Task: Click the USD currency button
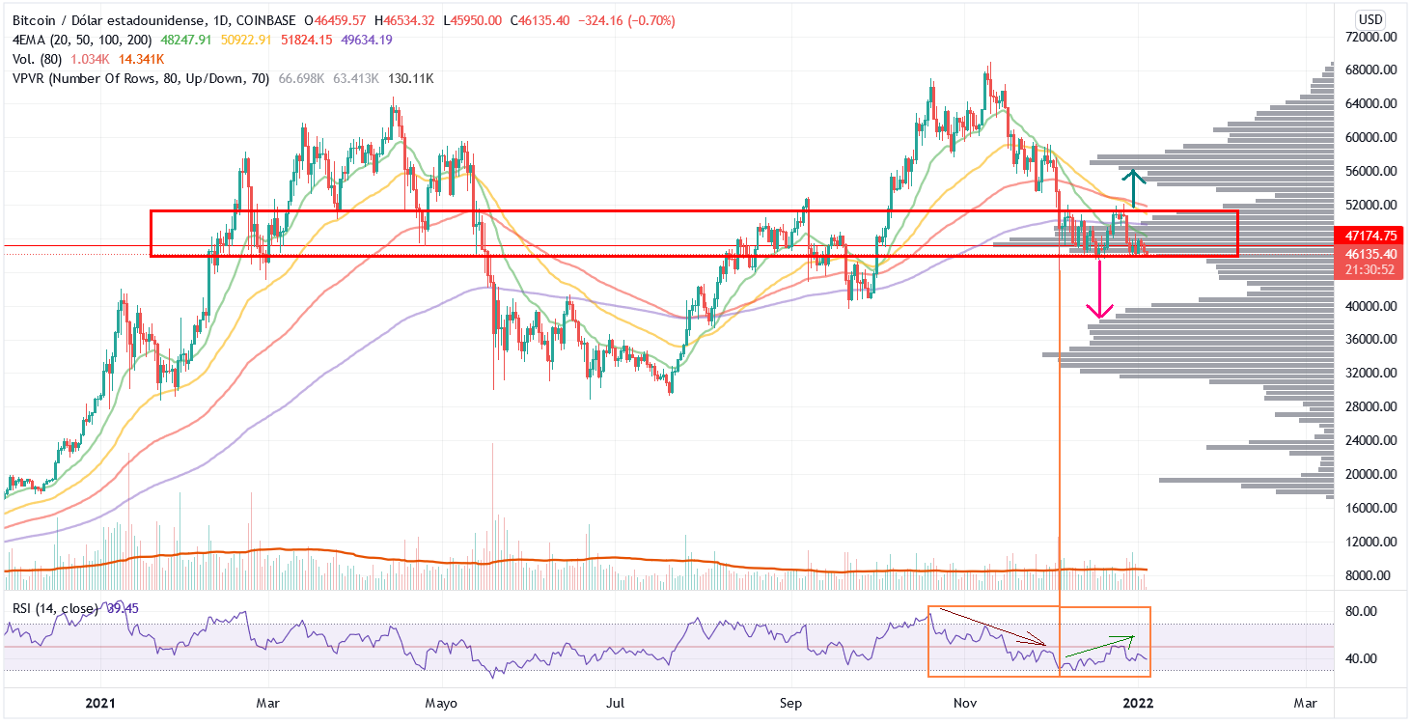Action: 1370,19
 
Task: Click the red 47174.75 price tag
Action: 1365,235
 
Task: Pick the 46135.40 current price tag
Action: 1365,254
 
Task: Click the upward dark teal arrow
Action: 1134,177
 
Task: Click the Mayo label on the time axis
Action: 440,703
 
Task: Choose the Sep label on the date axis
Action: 791,703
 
